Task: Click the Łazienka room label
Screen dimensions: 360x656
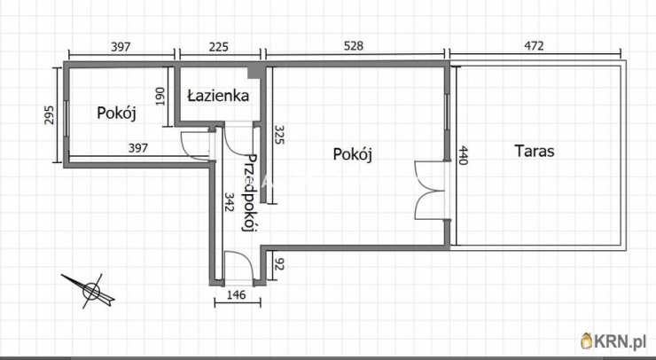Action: tap(217, 94)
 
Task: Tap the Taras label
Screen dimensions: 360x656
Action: tap(535, 151)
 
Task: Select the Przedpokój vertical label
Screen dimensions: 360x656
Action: tap(250, 193)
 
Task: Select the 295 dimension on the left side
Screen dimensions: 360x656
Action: tap(51, 116)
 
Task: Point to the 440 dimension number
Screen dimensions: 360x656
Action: tap(461, 157)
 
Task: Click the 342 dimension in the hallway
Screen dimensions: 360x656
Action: tap(229, 205)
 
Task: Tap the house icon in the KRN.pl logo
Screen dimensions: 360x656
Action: tap(587, 340)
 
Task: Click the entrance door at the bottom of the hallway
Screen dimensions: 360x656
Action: tap(238, 267)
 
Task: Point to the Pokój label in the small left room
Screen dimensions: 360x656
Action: tap(115, 113)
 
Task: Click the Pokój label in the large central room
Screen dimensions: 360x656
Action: tap(352, 153)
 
